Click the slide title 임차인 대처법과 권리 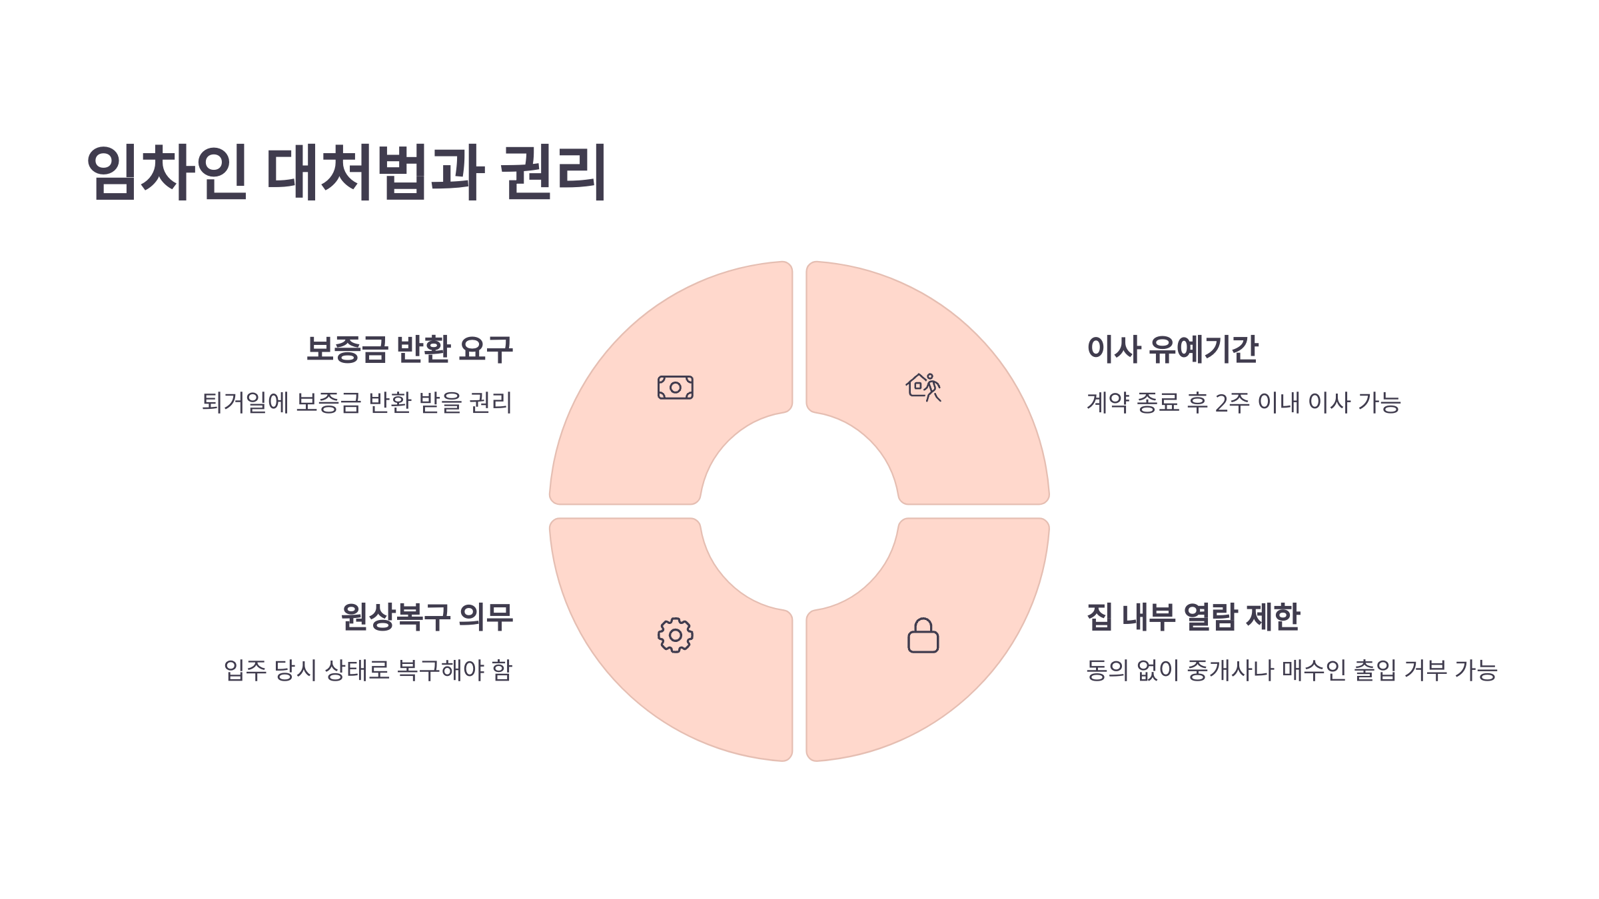(346, 172)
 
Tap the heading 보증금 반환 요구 (409, 350)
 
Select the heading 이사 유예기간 (1172, 350)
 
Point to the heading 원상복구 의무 (426, 617)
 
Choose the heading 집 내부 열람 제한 (1193, 617)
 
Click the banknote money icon (675, 388)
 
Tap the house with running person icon (923, 388)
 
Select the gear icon (675, 635)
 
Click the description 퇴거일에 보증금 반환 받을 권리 (357, 403)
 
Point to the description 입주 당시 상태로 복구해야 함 (368, 670)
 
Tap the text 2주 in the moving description (1232, 403)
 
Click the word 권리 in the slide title (553, 172)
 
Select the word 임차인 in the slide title (167, 172)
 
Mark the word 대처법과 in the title (375, 172)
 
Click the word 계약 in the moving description (1108, 403)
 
